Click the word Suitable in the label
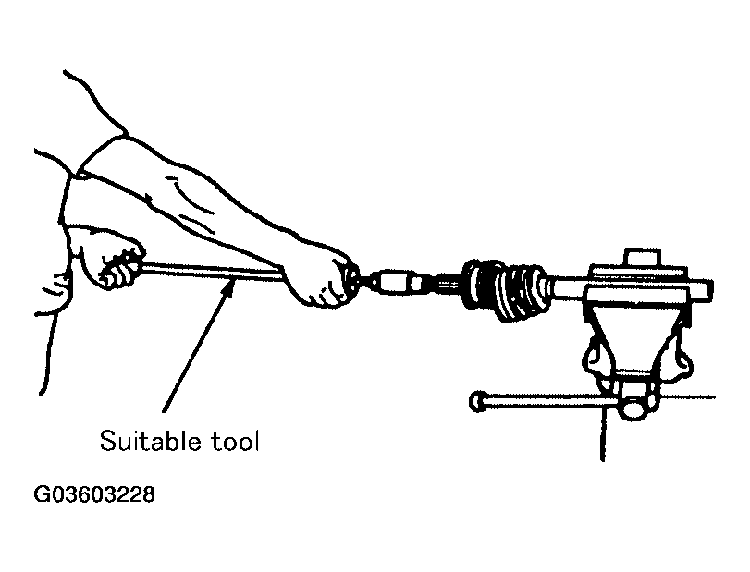(x=150, y=441)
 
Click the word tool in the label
(x=235, y=441)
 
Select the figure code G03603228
(x=94, y=494)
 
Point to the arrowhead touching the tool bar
(x=230, y=286)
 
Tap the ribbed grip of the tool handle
(x=119, y=269)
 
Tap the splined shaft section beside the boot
(x=445, y=286)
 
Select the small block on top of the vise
(x=644, y=257)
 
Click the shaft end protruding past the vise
(x=701, y=290)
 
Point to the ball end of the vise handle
(x=477, y=401)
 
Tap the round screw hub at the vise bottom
(x=635, y=408)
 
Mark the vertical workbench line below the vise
(x=603, y=432)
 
